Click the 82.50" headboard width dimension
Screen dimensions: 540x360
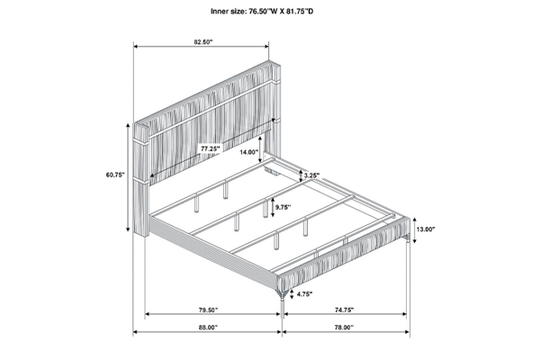(x=203, y=42)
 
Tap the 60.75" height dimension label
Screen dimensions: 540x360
(x=115, y=175)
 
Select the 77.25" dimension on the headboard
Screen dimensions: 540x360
(x=211, y=148)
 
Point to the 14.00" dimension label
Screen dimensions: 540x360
(x=249, y=151)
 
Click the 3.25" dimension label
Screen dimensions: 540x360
(x=311, y=175)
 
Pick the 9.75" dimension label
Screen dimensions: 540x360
(x=283, y=207)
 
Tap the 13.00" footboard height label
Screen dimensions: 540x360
(x=426, y=229)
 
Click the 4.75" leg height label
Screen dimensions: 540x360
(x=304, y=294)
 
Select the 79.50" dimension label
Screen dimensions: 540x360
(x=209, y=310)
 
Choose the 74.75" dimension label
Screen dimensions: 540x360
(x=344, y=310)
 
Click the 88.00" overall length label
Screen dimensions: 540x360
(x=208, y=328)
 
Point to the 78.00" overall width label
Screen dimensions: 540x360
(x=344, y=328)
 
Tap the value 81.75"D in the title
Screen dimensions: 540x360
(x=300, y=12)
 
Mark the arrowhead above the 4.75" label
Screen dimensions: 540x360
(x=292, y=292)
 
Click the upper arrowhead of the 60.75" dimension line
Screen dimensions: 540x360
(x=129, y=124)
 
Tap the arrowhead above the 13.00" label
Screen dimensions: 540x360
(x=414, y=220)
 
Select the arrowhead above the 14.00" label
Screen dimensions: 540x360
(x=259, y=138)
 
